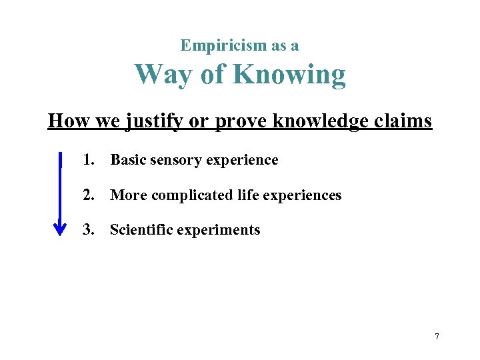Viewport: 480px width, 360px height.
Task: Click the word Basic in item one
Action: (128, 160)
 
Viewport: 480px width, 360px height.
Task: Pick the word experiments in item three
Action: (219, 231)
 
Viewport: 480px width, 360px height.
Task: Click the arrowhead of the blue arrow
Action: (60, 228)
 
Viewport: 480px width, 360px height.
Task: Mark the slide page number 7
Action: (437, 337)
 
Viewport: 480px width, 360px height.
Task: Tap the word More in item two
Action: (128, 195)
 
